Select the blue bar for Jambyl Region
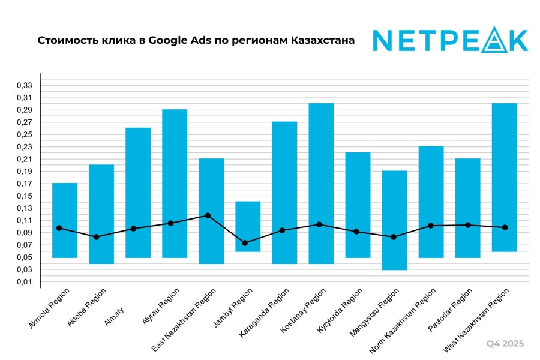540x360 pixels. click(248, 226)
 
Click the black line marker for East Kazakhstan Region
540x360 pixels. click(208, 215)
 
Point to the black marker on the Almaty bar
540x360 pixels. click(134, 229)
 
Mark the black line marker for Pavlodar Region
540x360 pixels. click(467, 225)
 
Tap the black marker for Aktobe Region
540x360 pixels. click(97, 237)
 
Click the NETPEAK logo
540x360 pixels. click(450, 40)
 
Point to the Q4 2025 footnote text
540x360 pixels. click(505, 344)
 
